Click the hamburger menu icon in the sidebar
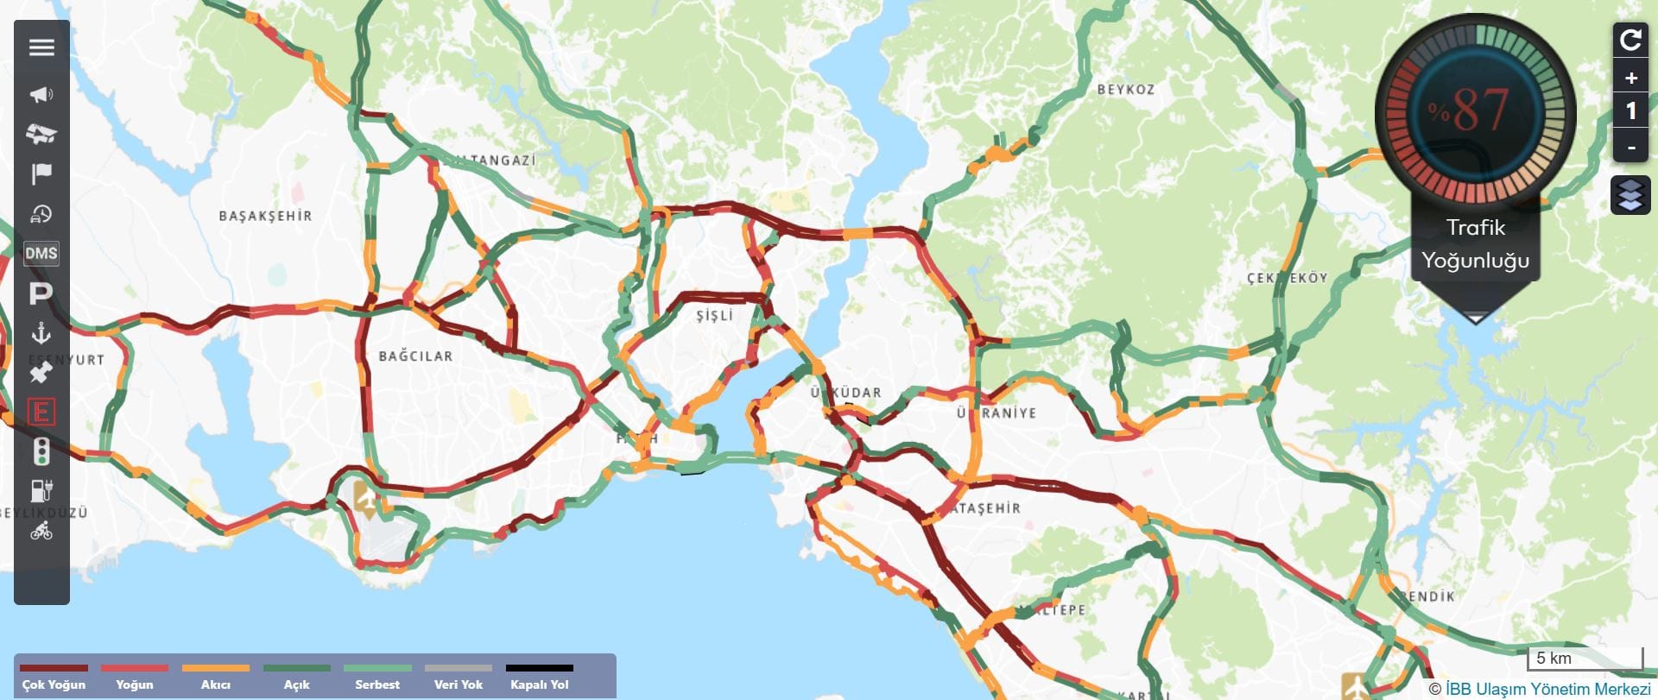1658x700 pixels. (41, 47)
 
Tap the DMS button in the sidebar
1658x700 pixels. (41, 253)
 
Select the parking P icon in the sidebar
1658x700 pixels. (41, 293)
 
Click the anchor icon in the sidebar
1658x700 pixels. (41, 333)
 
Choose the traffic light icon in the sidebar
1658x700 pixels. (41, 451)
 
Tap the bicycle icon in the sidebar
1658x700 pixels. (41, 531)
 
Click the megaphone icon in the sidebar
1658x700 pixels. (41, 94)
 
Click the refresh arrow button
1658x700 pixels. (1630, 40)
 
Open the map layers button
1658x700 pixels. (1630, 195)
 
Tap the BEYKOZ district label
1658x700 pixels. (1125, 90)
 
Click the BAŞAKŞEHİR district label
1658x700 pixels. (265, 216)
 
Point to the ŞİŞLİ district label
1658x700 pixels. (715, 315)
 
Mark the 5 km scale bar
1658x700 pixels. (1584, 658)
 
